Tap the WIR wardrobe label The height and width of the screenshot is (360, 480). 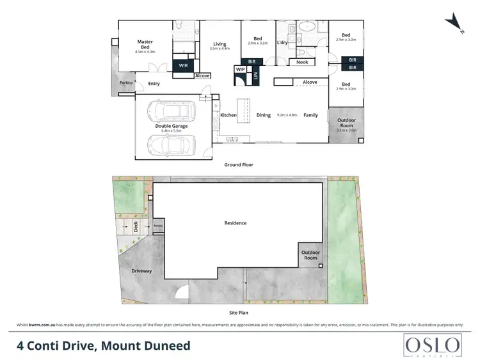(x=183, y=66)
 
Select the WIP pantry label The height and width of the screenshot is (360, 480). (x=241, y=69)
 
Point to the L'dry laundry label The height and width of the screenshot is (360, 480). (x=282, y=43)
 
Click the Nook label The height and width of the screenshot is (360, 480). (x=302, y=62)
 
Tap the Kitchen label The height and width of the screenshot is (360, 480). (x=228, y=115)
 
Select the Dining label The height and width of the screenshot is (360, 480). (x=264, y=115)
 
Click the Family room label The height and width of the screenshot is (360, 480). (x=310, y=115)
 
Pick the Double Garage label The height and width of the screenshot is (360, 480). (x=171, y=126)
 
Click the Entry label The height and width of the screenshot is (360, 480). (x=154, y=84)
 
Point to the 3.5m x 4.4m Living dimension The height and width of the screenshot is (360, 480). (x=220, y=49)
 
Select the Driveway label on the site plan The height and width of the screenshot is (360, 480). (x=141, y=271)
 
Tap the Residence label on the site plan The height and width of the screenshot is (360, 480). (x=235, y=223)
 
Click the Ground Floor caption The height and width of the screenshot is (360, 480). (x=238, y=165)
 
